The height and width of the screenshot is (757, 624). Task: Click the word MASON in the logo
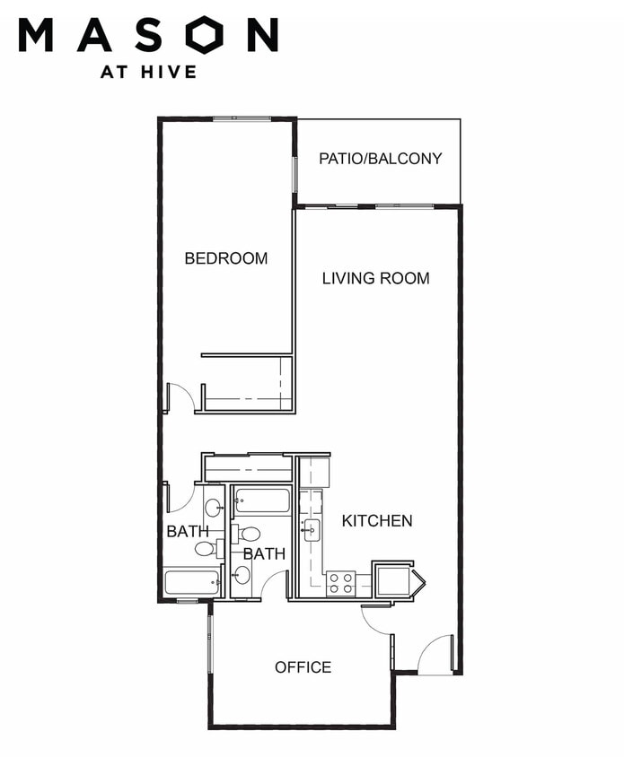148,35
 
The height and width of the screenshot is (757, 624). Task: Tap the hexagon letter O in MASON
206,35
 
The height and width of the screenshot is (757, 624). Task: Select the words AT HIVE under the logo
148,72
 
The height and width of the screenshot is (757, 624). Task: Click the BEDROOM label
225,258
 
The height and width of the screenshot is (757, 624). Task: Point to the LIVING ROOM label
375,278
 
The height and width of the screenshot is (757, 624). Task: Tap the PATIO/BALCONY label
381,159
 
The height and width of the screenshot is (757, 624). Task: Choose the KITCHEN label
377,520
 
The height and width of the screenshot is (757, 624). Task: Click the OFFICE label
303,667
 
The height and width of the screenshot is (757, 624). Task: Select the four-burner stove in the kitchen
341,583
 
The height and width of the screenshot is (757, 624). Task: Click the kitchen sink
310,531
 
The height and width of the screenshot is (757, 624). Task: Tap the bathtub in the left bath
192,583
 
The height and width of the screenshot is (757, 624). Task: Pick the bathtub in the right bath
262,500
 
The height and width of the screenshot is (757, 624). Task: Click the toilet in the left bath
210,548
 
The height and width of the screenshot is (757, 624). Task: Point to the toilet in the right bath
245,534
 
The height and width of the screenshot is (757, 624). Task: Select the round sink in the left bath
214,508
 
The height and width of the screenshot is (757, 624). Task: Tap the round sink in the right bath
242,575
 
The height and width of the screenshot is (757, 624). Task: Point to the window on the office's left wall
210,639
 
